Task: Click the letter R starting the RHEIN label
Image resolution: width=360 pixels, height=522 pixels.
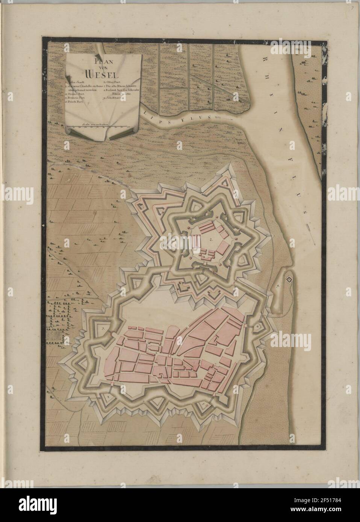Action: point(266,57)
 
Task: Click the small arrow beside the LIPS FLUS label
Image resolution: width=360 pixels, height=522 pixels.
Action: point(220,117)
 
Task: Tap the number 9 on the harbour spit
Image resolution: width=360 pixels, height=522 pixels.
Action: point(278,287)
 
